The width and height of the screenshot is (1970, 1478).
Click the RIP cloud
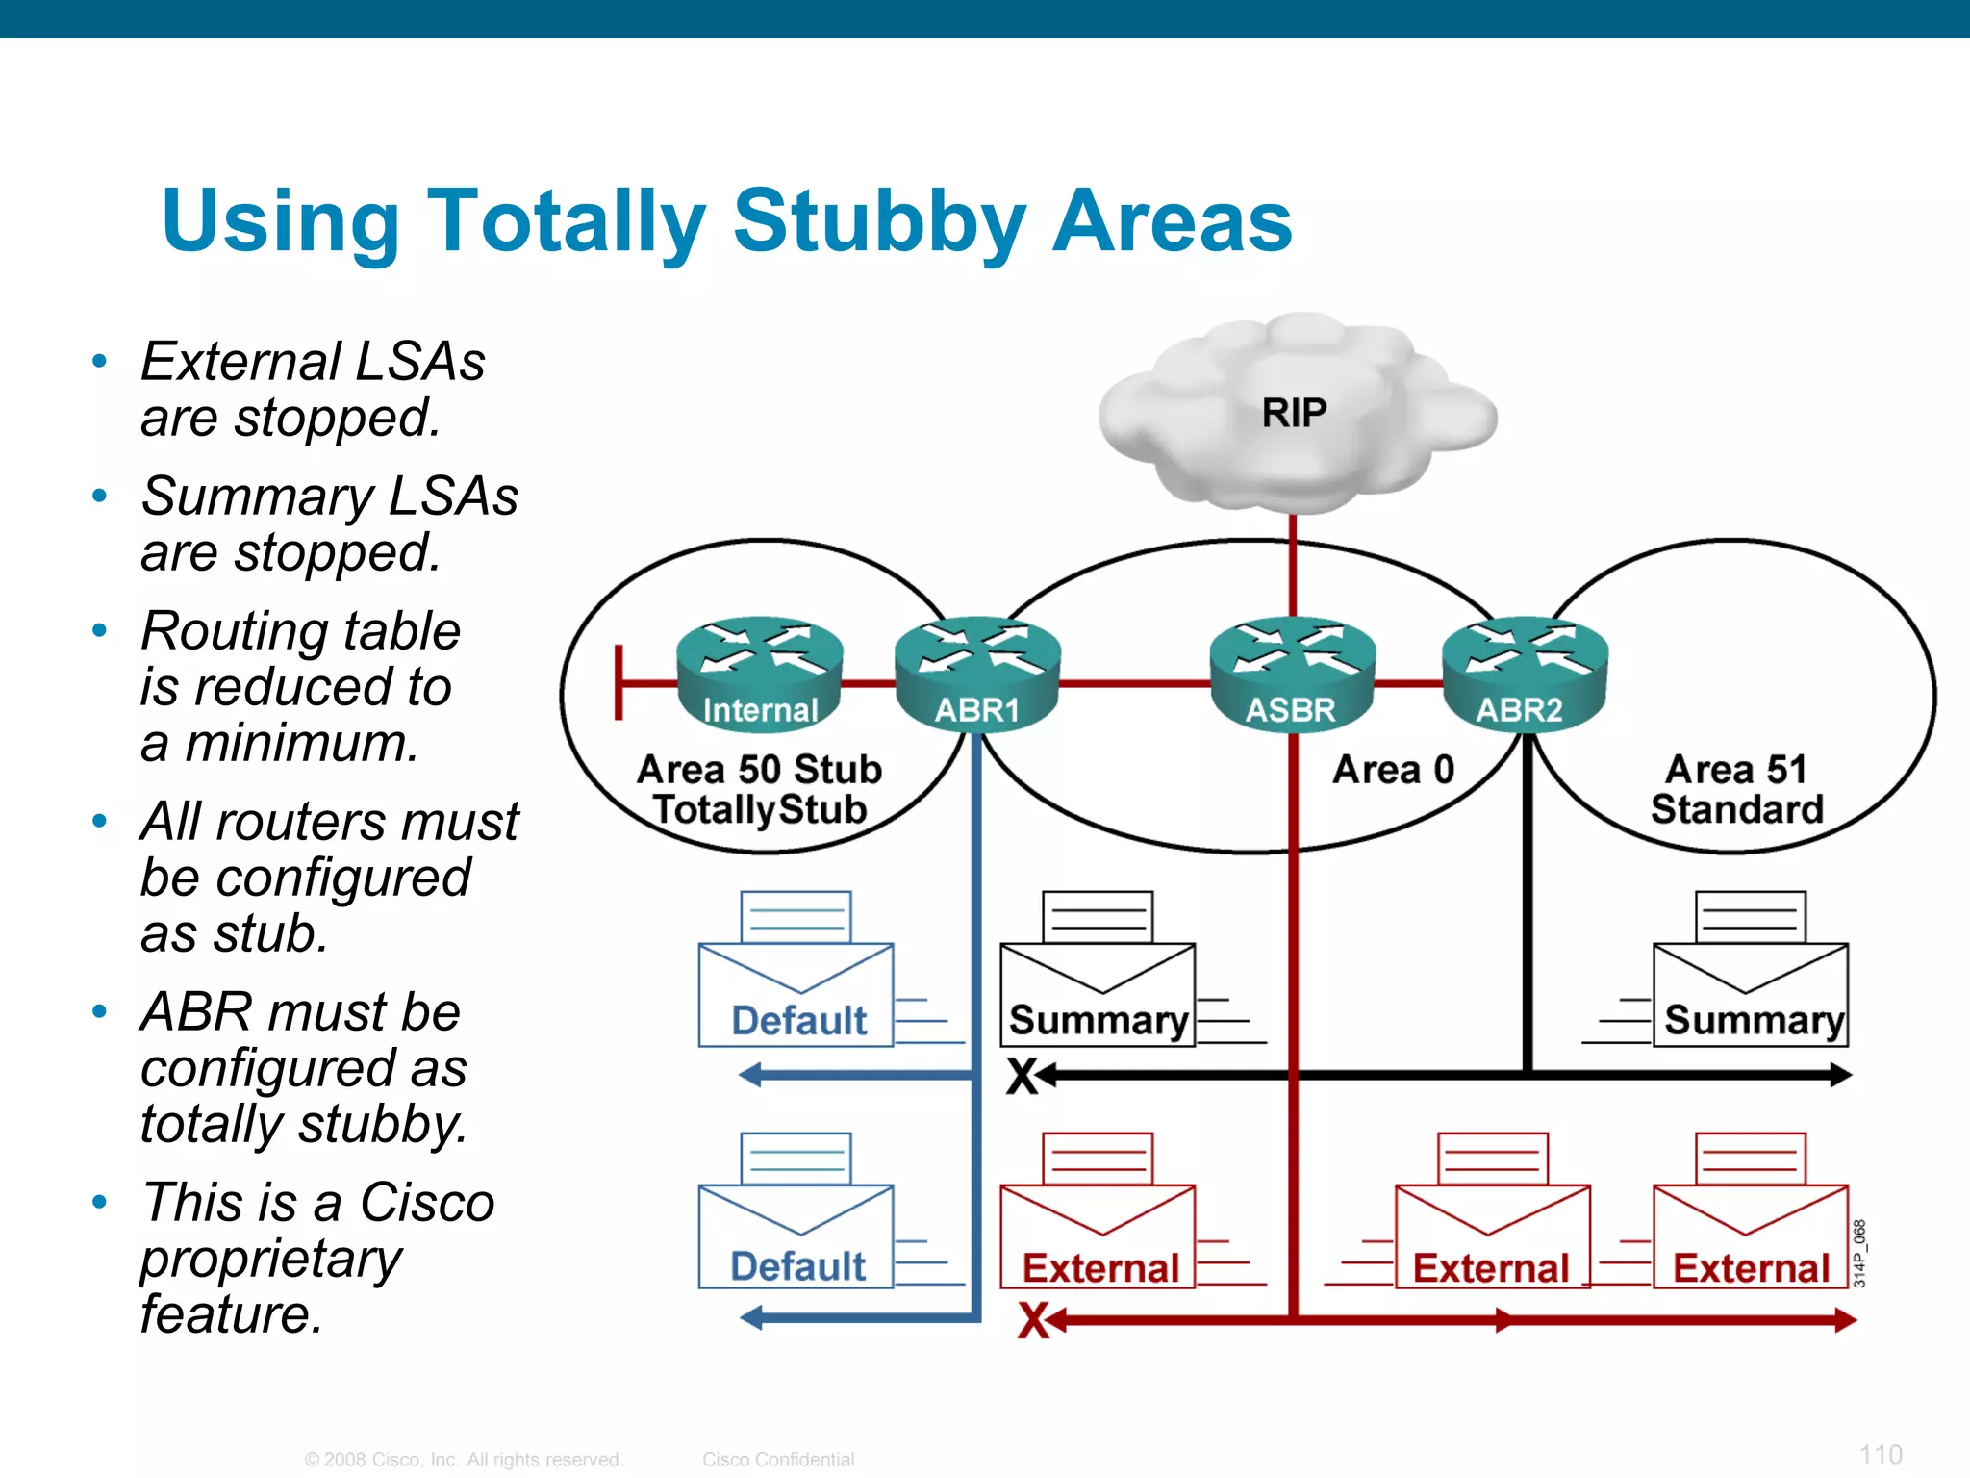(1294, 414)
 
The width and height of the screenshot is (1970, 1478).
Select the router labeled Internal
(759, 674)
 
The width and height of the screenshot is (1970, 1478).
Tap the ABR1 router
(977, 674)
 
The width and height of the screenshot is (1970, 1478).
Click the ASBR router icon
(1292, 674)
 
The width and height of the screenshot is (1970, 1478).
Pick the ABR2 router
(1524, 674)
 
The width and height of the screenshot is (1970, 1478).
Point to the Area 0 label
(1392, 770)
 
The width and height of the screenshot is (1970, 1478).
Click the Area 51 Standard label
(1736, 790)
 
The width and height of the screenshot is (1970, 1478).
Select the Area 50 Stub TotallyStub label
(759, 790)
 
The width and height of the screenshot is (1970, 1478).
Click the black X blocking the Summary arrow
(1023, 1077)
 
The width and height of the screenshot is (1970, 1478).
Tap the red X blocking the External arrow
(1034, 1320)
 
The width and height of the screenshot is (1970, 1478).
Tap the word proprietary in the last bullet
(270, 1259)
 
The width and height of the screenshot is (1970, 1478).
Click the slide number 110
(1880, 1454)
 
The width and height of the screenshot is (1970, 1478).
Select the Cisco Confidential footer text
(777, 1460)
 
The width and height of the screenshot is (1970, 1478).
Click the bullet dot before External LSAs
(99, 362)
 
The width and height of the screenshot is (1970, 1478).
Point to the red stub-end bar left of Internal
(619, 683)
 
